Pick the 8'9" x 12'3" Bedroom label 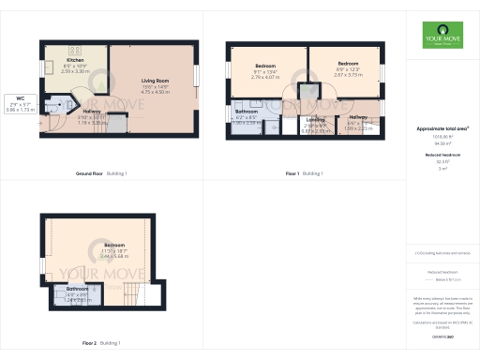click(x=349, y=67)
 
